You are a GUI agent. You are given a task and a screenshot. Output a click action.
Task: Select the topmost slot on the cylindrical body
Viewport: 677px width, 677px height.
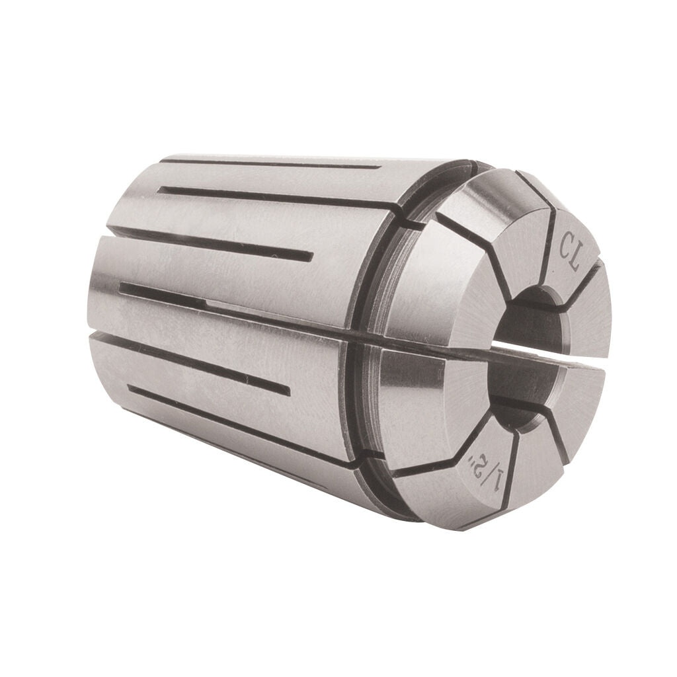pyautogui.click(x=264, y=163)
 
